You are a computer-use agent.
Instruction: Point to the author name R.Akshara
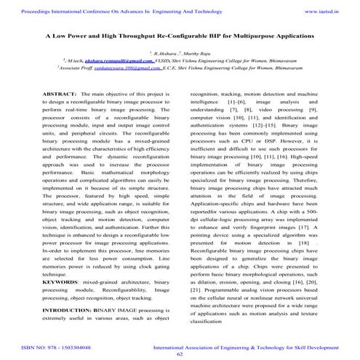(x=161, y=54)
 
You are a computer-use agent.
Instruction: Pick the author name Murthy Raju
(x=195, y=54)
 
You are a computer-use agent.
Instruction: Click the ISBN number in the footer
(x=47, y=348)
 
